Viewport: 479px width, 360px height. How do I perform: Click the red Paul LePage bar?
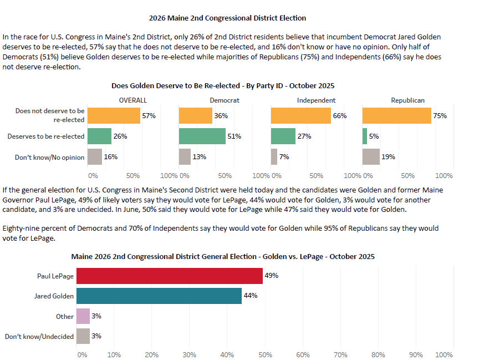click(x=169, y=276)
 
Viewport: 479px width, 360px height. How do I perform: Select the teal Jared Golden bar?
click(x=159, y=296)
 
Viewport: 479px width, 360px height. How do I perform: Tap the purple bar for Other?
click(x=83, y=316)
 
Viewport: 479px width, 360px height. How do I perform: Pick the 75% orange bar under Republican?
click(x=396, y=116)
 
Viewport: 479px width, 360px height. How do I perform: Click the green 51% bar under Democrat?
click(x=202, y=136)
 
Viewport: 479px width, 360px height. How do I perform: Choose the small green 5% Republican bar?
click(x=364, y=136)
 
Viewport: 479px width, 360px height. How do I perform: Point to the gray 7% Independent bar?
click(x=274, y=157)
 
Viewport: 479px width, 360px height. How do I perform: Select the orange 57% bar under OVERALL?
click(x=114, y=116)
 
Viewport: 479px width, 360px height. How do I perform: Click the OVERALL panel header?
click(x=133, y=100)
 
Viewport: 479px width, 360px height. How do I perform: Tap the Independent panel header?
click(x=316, y=100)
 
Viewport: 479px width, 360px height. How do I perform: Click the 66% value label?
click(x=339, y=116)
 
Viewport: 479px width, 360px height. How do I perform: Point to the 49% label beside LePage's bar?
click(x=271, y=276)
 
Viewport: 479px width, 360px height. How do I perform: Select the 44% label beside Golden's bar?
click(x=250, y=296)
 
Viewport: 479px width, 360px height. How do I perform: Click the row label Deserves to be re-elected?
click(x=45, y=136)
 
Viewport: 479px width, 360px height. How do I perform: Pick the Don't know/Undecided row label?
click(x=39, y=336)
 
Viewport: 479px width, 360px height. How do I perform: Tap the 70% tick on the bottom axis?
click(x=340, y=354)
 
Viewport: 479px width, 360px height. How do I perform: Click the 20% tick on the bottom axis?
click(x=151, y=354)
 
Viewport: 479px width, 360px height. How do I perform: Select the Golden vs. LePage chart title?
click(x=223, y=256)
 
